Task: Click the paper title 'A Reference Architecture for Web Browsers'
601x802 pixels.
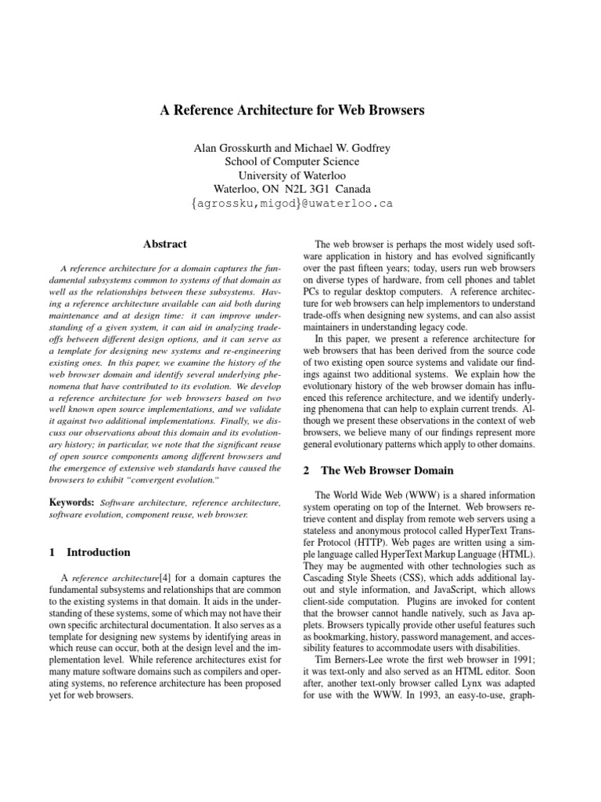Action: click(x=292, y=110)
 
